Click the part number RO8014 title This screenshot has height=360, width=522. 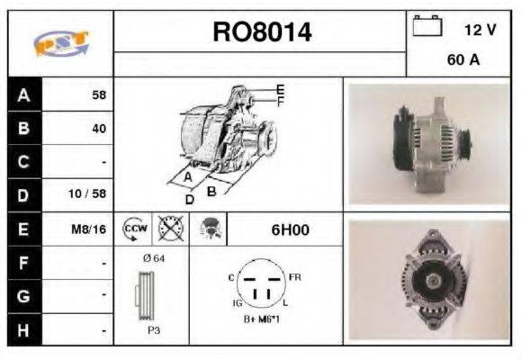click(x=262, y=33)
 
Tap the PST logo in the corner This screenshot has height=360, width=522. click(x=60, y=43)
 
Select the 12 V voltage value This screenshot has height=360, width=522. click(x=480, y=30)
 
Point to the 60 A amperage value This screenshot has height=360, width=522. click(x=462, y=60)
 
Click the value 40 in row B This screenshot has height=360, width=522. click(x=98, y=129)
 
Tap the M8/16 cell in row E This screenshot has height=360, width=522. click(x=89, y=229)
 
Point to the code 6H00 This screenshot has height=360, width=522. click(x=290, y=229)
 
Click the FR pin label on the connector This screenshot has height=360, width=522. click(x=295, y=275)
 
